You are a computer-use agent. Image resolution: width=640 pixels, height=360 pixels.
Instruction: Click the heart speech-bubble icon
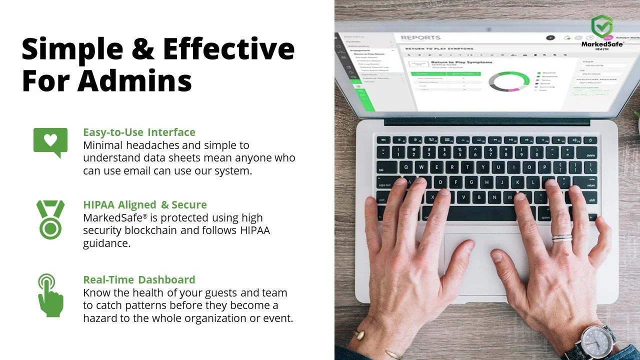tap(50, 141)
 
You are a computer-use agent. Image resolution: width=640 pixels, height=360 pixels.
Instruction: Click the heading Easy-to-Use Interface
tap(139, 132)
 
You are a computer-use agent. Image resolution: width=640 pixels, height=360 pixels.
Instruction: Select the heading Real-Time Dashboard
tap(139, 279)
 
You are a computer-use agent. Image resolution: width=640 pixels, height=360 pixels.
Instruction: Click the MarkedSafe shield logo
tap(601, 26)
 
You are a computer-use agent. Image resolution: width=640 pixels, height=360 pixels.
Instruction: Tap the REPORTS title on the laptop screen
tap(420, 37)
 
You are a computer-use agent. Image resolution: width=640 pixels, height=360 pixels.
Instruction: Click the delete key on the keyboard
tap(590, 155)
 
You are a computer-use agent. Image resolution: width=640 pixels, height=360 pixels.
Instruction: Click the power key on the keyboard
tap(590, 140)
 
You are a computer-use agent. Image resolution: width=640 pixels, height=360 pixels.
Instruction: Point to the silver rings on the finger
tap(562, 237)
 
